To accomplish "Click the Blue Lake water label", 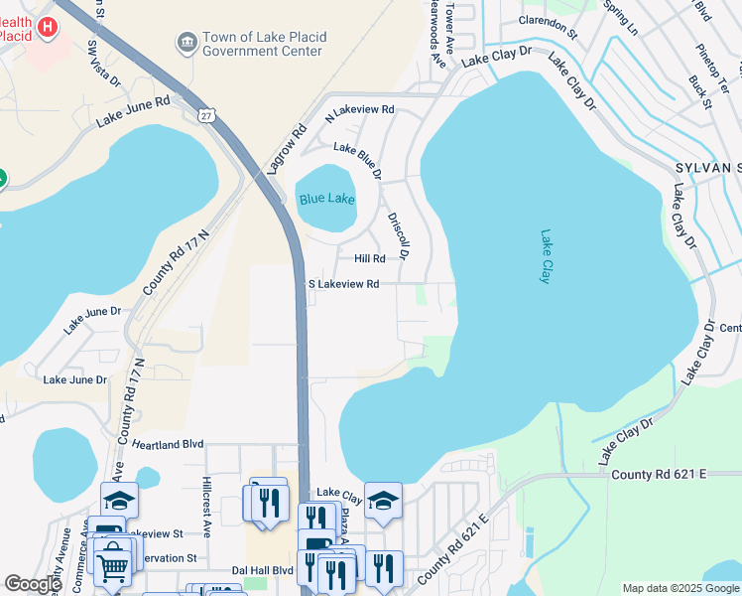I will pyautogui.click(x=326, y=200).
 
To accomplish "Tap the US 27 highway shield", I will pyautogui.click(x=206, y=115).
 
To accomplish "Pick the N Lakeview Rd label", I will pyautogui.click(x=360, y=109).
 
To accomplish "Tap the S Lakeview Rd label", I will pyautogui.click(x=343, y=284).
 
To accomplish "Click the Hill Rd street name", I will pyautogui.click(x=369, y=258).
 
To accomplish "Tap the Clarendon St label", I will pyautogui.click(x=547, y=26).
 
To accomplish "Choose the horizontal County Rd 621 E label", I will pyautogui.click(x=658, y=475).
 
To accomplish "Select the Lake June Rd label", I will pyautogui.click(x=133, y=111).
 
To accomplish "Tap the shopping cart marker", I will pyautogui.click(x=112, y=566).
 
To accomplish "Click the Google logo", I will pyautogui.click(x=34, y=584).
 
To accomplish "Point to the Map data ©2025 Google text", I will pyautogui.click(x=680, y=588).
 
